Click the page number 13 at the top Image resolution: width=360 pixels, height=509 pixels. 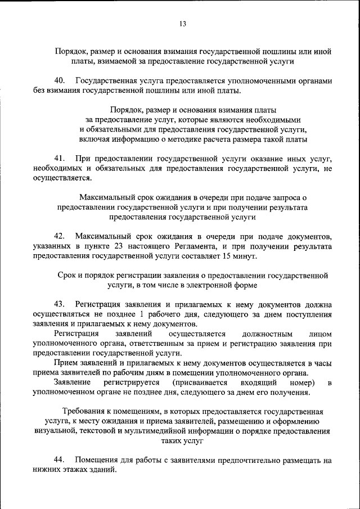tap(182, 24)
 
